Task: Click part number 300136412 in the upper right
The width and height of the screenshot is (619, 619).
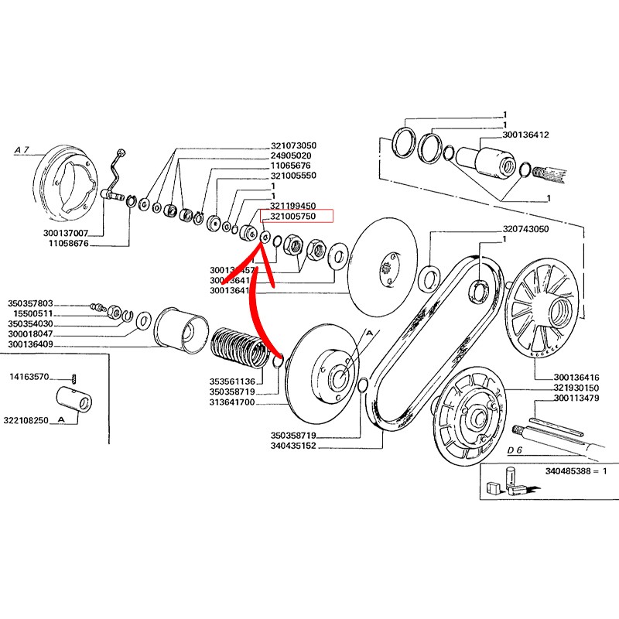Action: (525, 135)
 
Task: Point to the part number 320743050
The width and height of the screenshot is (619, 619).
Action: (525, 230)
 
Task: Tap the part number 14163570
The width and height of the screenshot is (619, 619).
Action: (29, 377)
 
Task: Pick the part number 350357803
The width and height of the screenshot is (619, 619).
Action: (30, 303)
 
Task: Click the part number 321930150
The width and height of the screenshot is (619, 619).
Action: (577, 388)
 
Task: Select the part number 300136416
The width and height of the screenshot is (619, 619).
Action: (577, 377)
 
